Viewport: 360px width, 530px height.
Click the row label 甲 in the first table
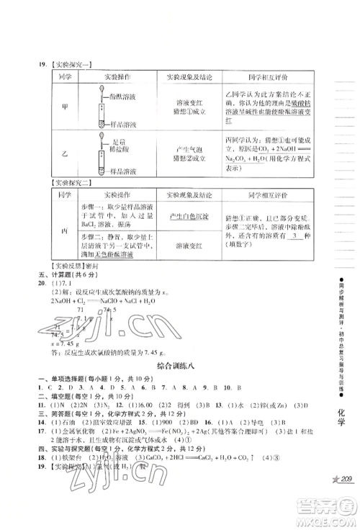66,106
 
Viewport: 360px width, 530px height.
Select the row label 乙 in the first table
66,153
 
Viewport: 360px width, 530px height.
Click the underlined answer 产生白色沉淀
188,217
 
